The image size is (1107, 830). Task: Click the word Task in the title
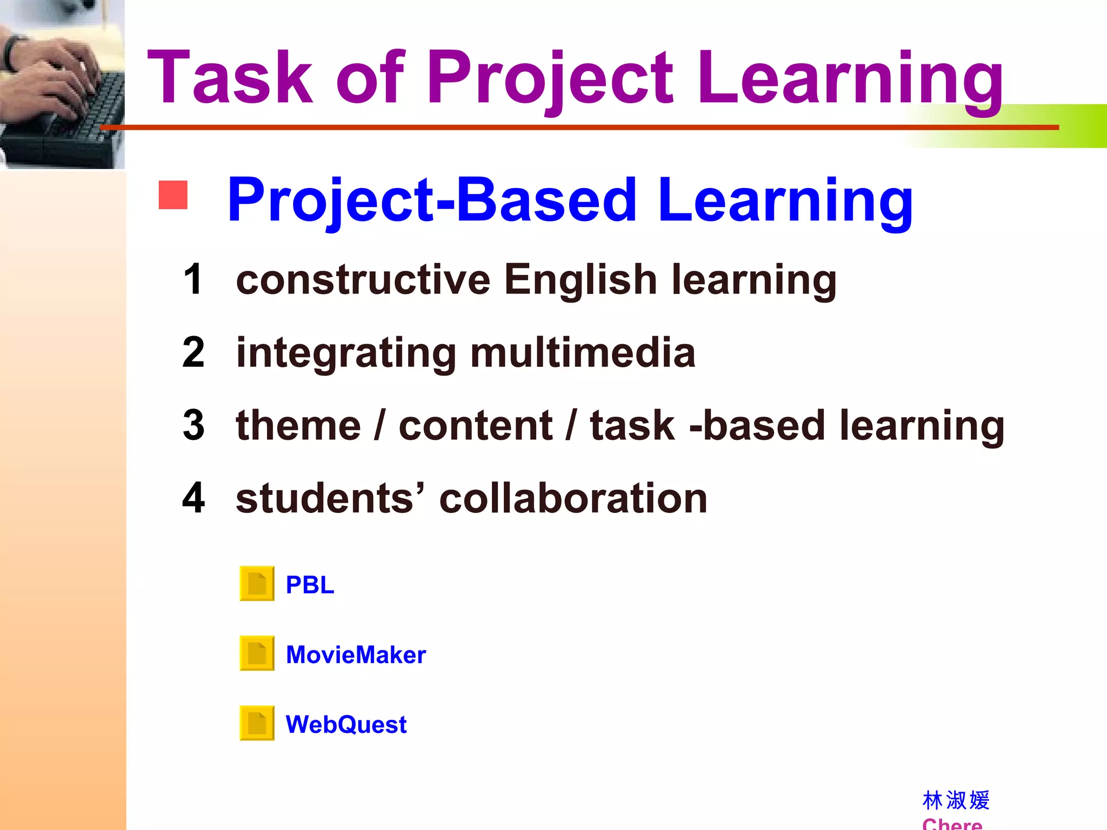tap(230, 77)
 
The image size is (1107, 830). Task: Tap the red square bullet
tap(173, 195)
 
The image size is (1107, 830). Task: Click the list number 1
tap(193, 279)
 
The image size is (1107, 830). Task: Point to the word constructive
tap(363, 279)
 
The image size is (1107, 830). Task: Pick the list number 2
tap(193, 352)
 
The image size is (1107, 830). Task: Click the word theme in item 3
tap(298, 425)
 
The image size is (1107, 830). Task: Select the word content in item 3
tap(475, 425)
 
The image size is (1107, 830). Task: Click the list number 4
tap(193, 498)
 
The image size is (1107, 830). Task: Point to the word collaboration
tap(573, 498)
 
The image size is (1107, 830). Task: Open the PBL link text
tap(310, 585)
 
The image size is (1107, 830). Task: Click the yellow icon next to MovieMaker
tap(257, 653)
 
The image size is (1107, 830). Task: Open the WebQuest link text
tap(346, 724)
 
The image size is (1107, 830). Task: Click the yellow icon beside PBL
tap(257, 584)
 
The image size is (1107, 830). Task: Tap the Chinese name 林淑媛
tap(956, 800)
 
